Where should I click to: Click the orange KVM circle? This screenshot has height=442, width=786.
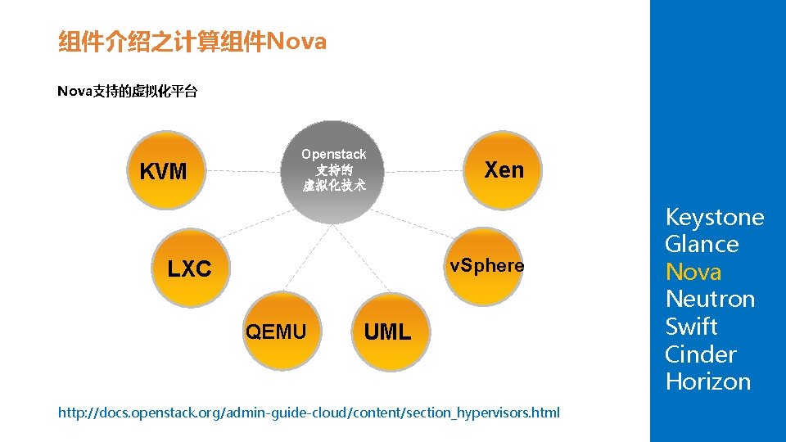[163, 172]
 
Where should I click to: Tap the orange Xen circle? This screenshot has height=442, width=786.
[503, 170]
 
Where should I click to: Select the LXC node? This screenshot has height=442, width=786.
[189, 268]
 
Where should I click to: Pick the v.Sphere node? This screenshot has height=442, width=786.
[486, 266]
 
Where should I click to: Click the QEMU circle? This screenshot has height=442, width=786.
[276, 331]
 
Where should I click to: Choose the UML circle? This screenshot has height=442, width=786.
[387, 331]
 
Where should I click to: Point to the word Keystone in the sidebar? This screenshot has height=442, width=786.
[714, 218]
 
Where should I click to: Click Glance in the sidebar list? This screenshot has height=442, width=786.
[702, 245]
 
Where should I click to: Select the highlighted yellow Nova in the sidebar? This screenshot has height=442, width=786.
[693, 272]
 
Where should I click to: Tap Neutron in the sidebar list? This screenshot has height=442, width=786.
[710, 300]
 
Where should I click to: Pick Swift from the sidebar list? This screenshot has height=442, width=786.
[691, 327]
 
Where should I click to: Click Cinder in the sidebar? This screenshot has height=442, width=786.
[700, 354]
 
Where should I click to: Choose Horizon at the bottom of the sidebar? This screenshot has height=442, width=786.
[707, 381]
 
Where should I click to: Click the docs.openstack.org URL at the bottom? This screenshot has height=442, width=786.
[309, 413]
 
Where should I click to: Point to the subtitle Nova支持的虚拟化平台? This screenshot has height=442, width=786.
[127, 92]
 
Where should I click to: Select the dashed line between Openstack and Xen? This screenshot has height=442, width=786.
[424, 171]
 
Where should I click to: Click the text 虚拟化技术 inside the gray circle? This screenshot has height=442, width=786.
[333, 186]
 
